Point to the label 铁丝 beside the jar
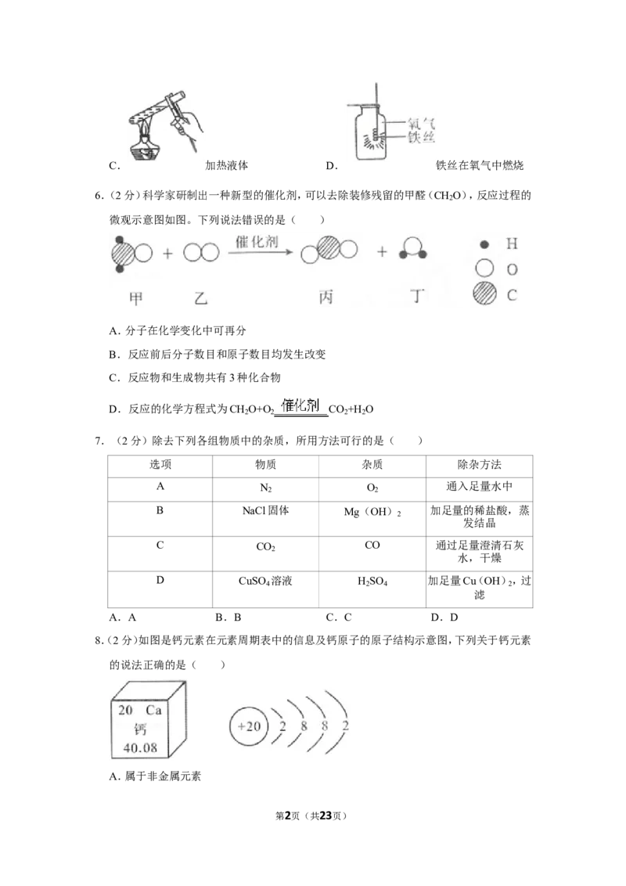421,137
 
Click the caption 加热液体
227,166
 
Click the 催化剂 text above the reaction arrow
257,242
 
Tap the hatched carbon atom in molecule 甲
123,254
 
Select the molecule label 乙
200,297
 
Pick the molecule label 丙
326,297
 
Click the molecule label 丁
417,296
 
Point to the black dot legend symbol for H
484,245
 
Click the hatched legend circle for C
484,294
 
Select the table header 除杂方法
479,465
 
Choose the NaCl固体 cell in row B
265,511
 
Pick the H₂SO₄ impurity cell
372,582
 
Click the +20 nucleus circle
249,726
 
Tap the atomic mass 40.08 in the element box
140,748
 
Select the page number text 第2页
288,816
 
